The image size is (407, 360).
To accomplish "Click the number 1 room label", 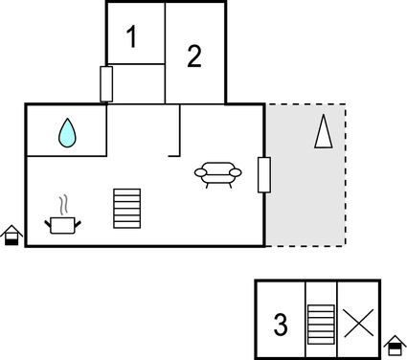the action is point(132,38).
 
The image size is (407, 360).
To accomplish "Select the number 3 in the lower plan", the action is point(281,326).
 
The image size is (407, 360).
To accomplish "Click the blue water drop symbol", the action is point(66,132).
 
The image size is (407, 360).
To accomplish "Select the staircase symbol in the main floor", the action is point(127,208).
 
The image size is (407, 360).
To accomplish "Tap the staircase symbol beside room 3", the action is point(321,324).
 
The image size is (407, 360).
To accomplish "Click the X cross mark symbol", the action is point(358,323).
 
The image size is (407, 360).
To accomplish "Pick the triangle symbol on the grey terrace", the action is point(323,131).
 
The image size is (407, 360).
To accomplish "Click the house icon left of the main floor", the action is point(11,235).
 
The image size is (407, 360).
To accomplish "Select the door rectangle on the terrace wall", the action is point(264,174).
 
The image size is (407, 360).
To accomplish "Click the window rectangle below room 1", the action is point(107,83).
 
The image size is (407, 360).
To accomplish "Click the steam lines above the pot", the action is point(64,205).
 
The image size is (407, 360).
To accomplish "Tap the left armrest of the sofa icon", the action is point(199,172).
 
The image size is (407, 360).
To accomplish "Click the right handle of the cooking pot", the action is point(79,223).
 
